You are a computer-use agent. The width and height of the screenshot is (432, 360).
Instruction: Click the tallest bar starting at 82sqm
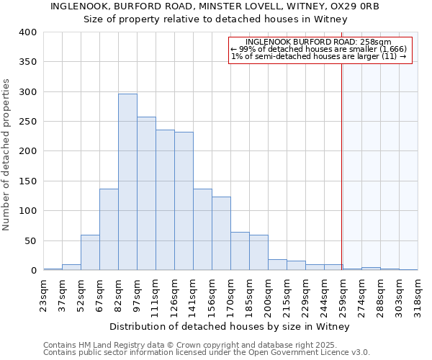coord(127,182)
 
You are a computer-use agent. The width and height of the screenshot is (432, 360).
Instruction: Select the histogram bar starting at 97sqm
coord(146,194)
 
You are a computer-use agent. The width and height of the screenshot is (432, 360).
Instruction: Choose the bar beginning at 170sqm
coord(240,251)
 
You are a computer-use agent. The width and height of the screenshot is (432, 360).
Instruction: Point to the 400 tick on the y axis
coord(28,32)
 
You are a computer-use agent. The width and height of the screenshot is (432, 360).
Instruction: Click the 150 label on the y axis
coord(28,181)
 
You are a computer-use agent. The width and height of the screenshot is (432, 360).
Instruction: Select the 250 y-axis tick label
coord(28,122)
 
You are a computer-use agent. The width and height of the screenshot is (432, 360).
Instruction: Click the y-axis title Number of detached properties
coord(7,151)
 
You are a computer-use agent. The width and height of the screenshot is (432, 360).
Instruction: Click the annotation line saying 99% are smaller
coord(319,49)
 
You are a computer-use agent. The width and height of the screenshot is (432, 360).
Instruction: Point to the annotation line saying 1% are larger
coord(319,56)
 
